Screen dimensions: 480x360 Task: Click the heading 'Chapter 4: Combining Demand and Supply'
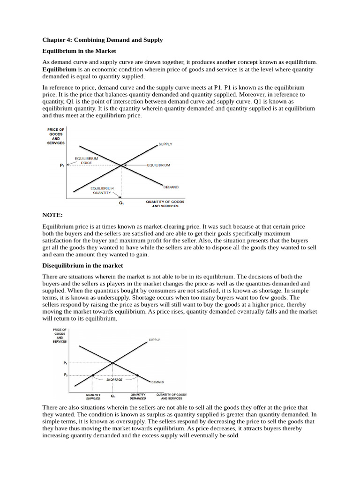(103, 40)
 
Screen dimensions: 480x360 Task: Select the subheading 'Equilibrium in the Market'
(79, 51)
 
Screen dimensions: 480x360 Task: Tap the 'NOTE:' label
(52, 215)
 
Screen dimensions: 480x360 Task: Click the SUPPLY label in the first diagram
(165, 144)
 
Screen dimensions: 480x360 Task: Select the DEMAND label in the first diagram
(171, 187)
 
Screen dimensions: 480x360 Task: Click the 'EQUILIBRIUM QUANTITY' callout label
(102, 190)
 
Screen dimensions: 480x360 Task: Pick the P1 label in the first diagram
(62, 165)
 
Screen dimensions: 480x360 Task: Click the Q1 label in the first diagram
(121, 203)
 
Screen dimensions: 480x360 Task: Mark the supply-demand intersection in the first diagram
(121, 165)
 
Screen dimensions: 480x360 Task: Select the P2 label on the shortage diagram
(65, 375)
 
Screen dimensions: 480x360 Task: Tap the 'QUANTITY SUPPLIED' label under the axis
(93, 397)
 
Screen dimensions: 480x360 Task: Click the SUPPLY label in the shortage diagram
(154, 339)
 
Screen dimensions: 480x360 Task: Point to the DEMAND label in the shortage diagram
(157, 382)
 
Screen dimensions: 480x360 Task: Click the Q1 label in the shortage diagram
(112, 396)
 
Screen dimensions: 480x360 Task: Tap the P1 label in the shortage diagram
(65, 363)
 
